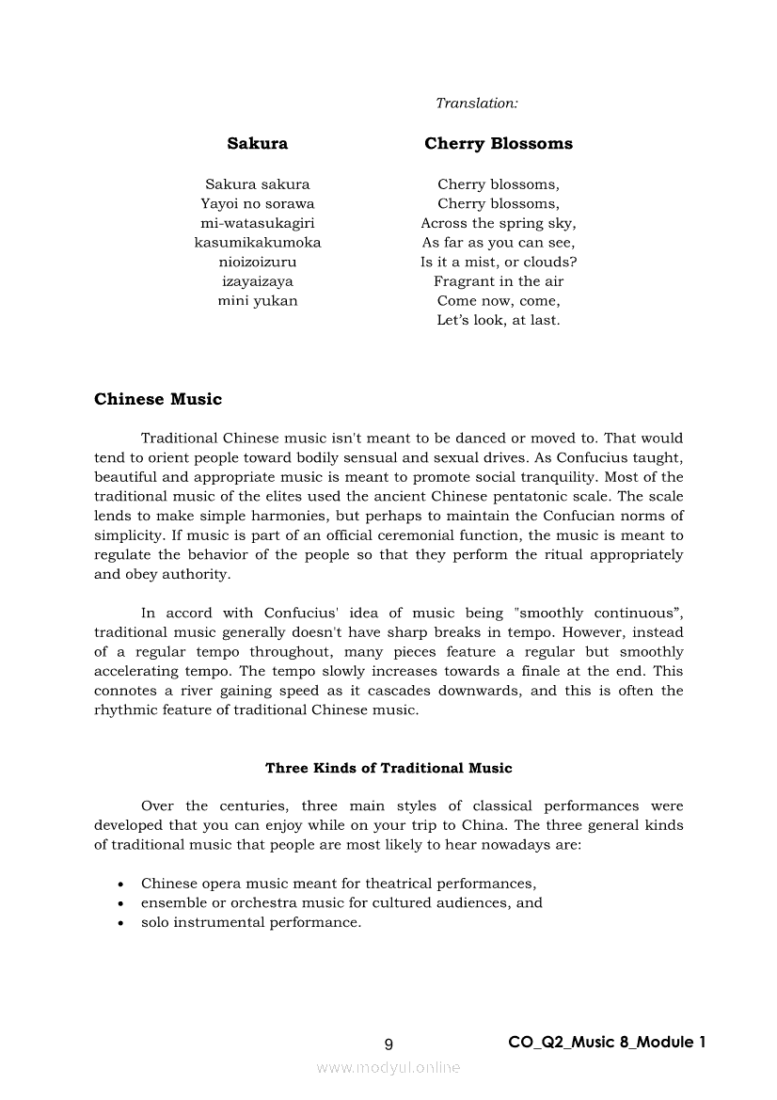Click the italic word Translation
[477, 103]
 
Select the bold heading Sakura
[258, 144]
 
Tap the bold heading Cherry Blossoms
[499, 144]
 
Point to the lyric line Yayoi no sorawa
[258, 204]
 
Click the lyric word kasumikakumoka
[258, 243]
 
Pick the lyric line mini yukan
[258, 301]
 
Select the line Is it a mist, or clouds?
[499, 263]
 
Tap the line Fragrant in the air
[499, 281]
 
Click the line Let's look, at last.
[499, 321]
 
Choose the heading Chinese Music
[158, 400]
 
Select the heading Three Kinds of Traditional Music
[388, 769]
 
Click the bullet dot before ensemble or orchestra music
[121, 904]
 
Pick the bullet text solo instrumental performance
[251, 923]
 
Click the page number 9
[388, 1044]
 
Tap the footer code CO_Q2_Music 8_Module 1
[607, 1042]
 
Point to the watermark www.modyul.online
[388, 1068]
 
